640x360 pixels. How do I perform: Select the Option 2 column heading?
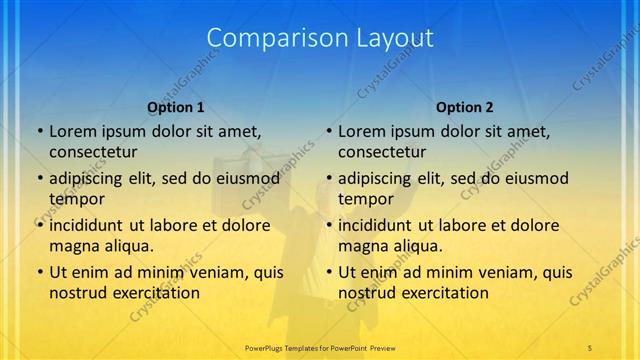(x=465, y=107)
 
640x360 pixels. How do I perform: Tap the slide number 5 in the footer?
(x=590, y=346)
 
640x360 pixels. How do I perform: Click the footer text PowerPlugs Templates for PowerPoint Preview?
(x=319, y=346)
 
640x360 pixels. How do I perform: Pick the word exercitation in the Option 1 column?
(x=155, y=293)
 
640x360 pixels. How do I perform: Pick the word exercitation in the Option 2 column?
(x=444, y=293)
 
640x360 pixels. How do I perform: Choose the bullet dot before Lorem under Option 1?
(x=39, y=131)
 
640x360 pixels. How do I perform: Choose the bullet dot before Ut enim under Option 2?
(x=328, y=272)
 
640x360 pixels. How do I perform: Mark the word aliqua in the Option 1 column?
(x=129, y=246)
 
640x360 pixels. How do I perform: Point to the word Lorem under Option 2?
(x=361, y=131)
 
